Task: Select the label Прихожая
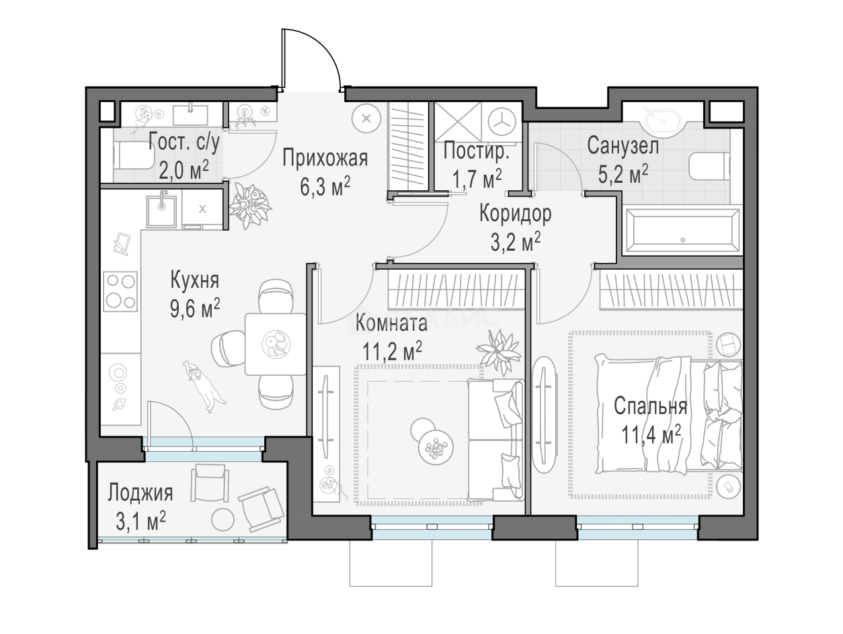click(325, 158)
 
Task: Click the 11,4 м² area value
click(651, 435)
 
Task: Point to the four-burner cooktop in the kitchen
click(120, 292)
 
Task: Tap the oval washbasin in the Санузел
click(662, 120)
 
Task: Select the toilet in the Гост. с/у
click(133, 155)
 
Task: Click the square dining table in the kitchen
click(276, 344)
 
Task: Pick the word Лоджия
click(140, 493)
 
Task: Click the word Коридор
click(515, 214)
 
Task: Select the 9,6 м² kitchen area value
click(195, 309)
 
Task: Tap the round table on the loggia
click(223, 519)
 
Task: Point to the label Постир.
click(476, 151)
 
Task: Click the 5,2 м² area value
click(623, 174)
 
